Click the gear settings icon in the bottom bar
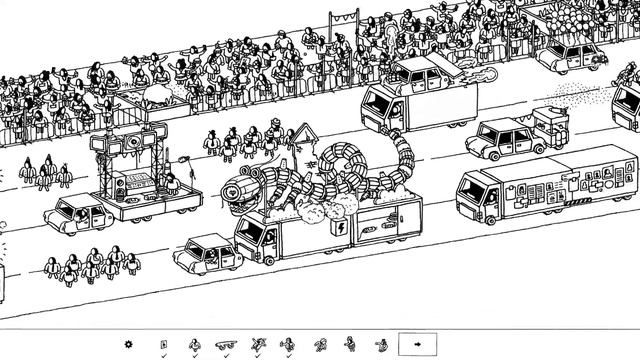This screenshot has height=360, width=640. (x=128, y=345)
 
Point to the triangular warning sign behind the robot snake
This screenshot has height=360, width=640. (x=303, y=137)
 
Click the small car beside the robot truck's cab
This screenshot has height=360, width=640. (x=208, y=252)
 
